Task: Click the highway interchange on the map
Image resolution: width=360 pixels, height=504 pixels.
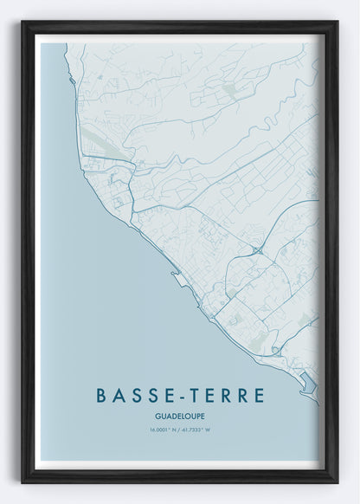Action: (x=258, y=249)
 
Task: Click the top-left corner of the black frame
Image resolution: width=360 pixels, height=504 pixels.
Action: (x=23, y=23)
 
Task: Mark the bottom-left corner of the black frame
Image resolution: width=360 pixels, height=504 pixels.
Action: (x=23, y=481)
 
